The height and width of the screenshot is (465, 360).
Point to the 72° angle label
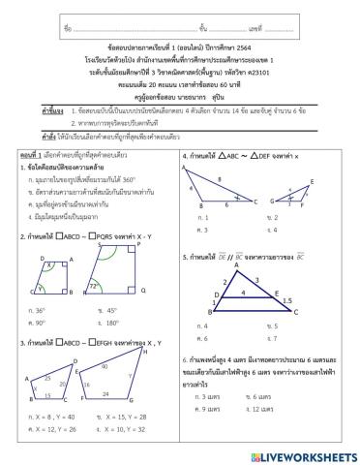[x=120, y=287]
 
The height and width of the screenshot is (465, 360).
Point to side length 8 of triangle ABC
[x=221, y=180]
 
